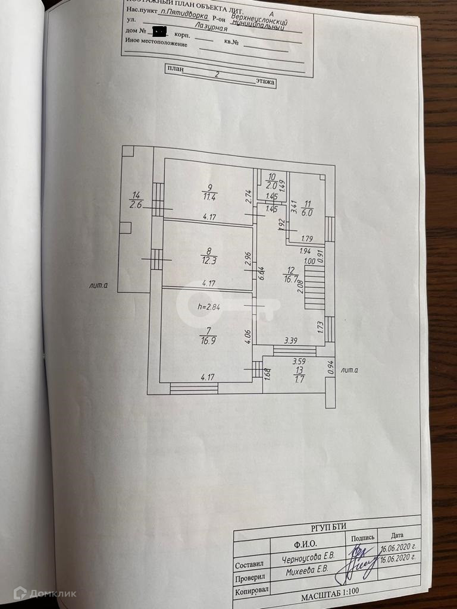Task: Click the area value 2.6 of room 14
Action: [136, 205]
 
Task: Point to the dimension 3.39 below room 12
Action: [290, 341]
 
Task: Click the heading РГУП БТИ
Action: [328, 527]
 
